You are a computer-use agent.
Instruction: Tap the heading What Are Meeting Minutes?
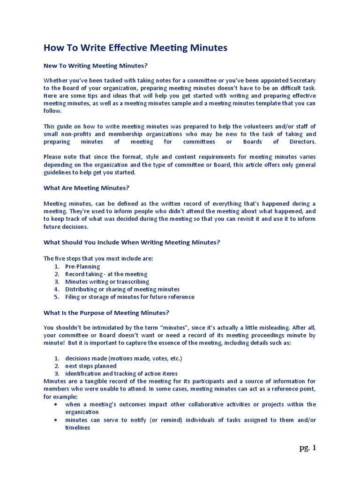click(86, 187)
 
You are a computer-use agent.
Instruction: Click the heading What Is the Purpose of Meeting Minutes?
click(106, 312)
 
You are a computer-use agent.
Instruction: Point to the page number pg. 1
click(308, 448)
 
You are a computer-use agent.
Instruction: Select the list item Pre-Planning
click(82, 266)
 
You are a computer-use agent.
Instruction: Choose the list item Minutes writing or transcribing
click(107, 282)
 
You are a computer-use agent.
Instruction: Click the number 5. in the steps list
click(56, 297)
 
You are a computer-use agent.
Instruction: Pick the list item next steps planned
click(91, 366)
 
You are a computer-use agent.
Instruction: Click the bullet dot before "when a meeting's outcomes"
click(56, 404)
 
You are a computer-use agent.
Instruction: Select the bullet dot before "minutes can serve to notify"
click(56, 420)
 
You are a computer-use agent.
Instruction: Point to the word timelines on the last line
click(77, 427)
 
